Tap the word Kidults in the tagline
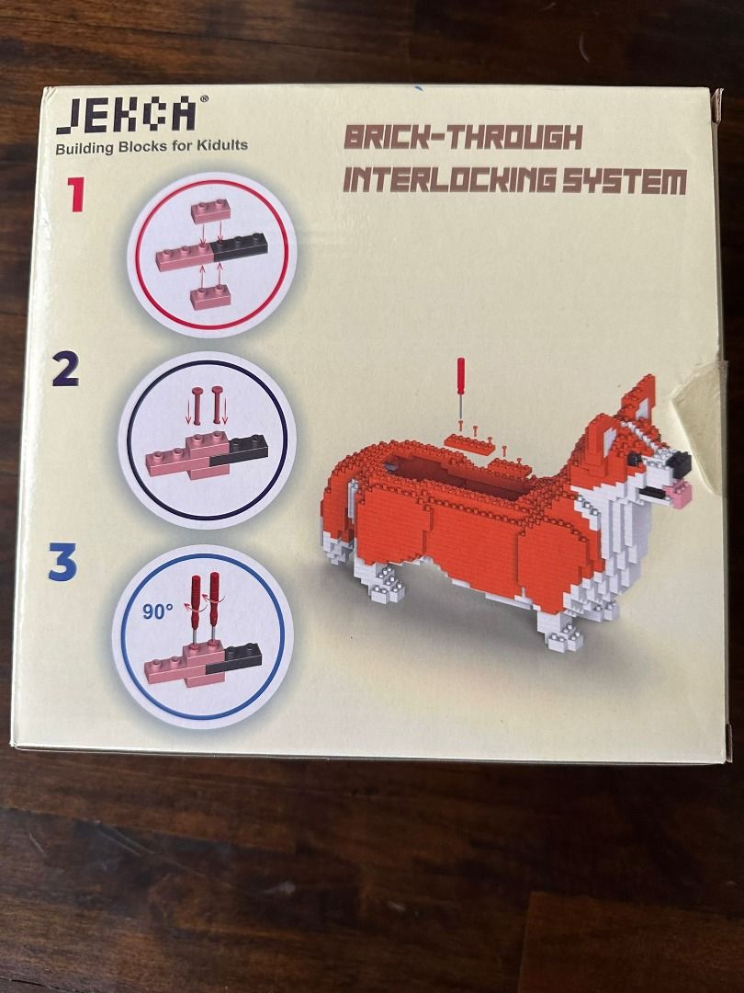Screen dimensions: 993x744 (x=217, y=145)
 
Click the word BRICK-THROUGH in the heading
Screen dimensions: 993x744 (x=463, y=138)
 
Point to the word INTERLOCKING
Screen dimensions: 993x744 (x=447, y=180)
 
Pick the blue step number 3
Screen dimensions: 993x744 (x=62, y=563)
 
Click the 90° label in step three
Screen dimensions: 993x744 (x=158, y=610)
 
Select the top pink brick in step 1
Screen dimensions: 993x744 (x=210, y=212)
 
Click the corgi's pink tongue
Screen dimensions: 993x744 (x=680, y=497)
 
